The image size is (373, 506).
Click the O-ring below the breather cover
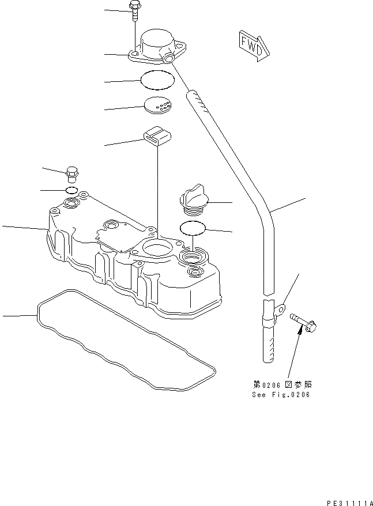[157, 80]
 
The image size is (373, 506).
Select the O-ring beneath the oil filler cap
[193, 229]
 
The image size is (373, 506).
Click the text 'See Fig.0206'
[281, 395]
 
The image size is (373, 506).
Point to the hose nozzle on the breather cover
[168, 59]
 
